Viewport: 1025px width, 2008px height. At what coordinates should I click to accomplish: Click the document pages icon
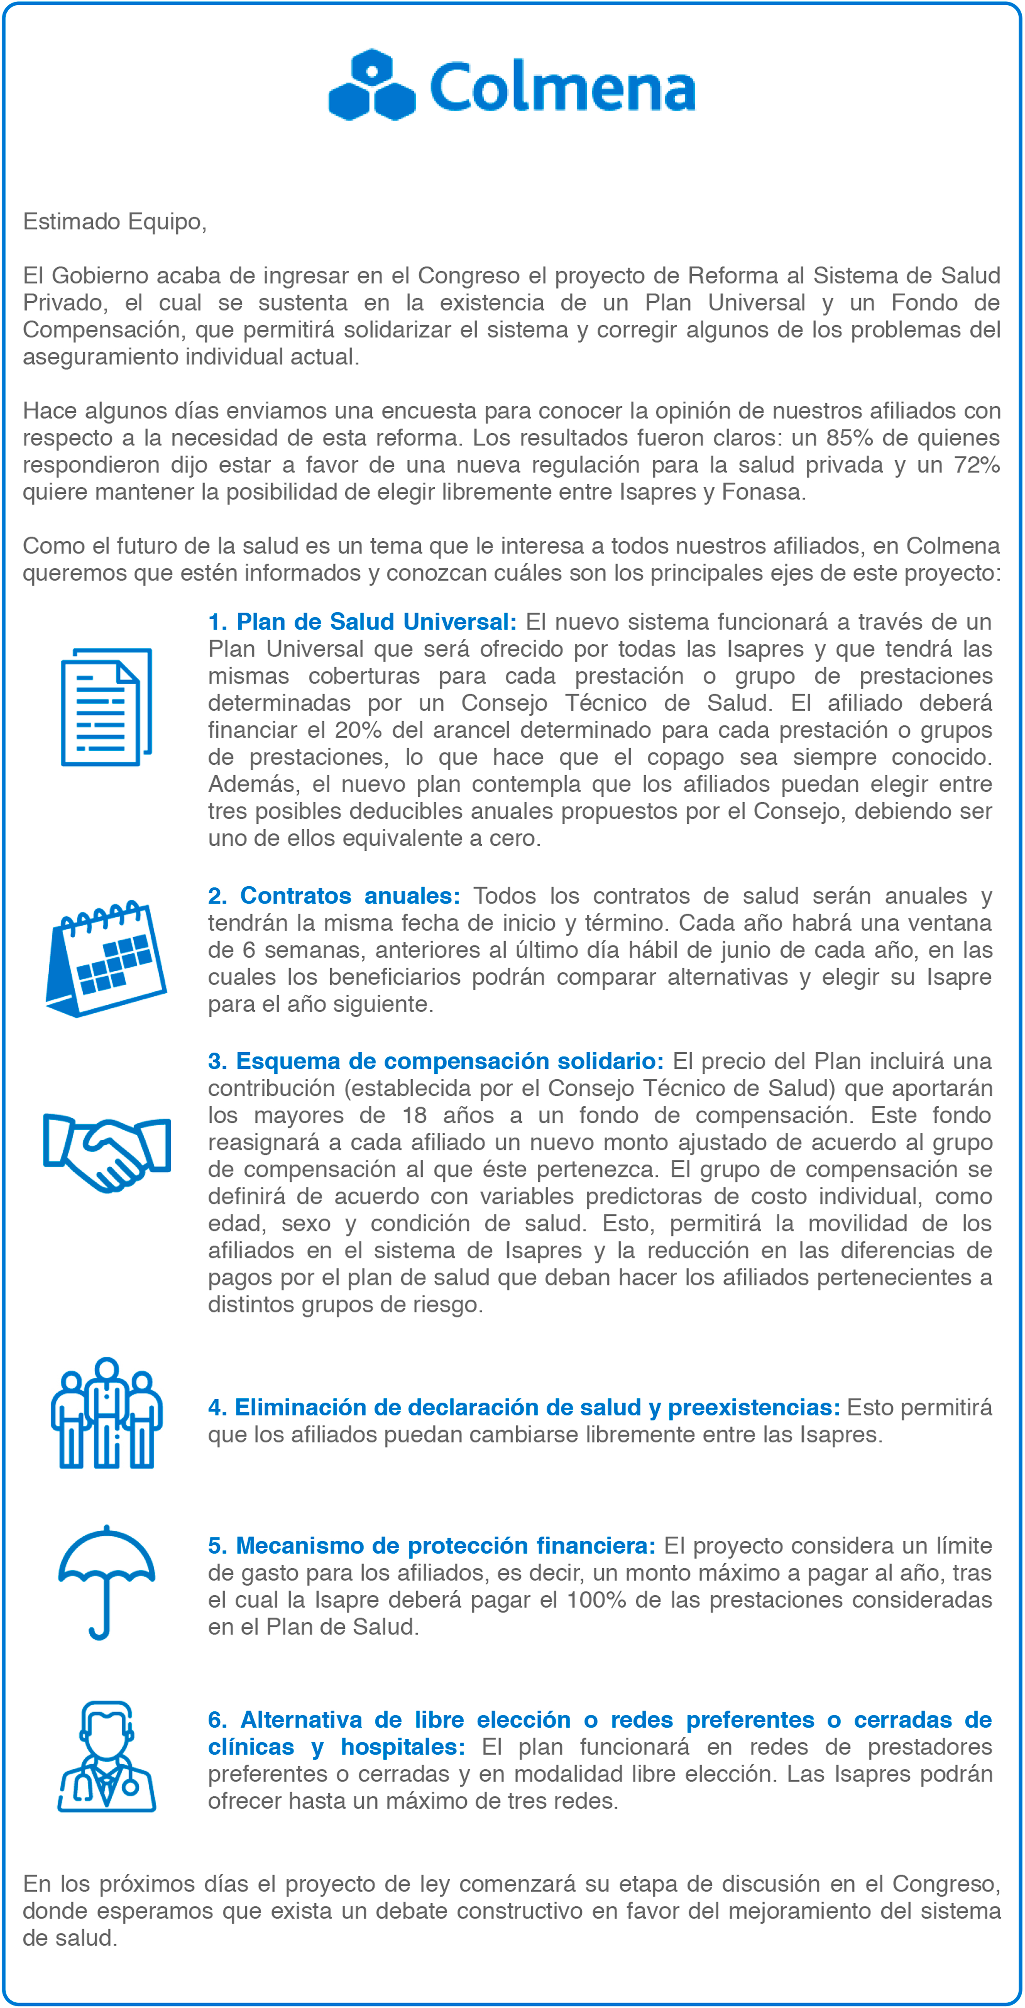[x=106, y=706]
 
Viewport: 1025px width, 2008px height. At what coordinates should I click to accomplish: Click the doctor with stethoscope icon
[x=107, y=1757]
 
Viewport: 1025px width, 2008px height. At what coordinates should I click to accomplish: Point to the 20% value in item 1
[x=358, y=730]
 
